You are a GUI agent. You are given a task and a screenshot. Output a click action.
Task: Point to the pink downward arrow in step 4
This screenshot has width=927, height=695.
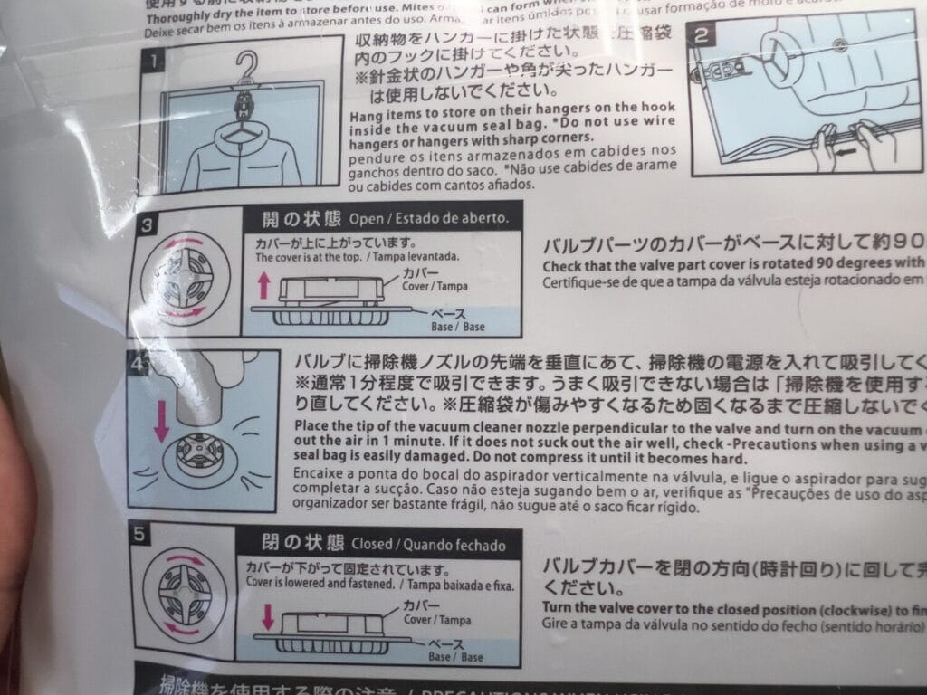click(x=161, y=422)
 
